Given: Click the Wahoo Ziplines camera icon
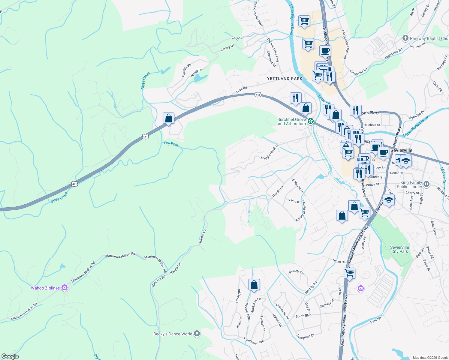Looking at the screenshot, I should (64, 288).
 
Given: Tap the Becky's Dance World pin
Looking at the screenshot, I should (197, 334).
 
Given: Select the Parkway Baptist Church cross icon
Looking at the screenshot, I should (405, 38).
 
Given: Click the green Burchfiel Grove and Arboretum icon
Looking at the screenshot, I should (311, 121).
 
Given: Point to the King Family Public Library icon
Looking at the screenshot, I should (426, 184).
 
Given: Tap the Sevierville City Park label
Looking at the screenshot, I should (399, 249).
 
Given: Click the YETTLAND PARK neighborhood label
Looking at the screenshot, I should (285, 79).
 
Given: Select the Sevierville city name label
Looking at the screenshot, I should (401, 150).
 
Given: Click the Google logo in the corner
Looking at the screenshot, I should (10, 356).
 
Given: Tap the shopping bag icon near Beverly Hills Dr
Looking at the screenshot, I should (254, 284).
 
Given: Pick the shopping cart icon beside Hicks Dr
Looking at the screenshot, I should (350, 273).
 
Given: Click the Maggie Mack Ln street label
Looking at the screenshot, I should (270, 152).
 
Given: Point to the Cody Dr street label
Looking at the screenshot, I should (237, 38).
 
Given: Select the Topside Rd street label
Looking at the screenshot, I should (186, 70).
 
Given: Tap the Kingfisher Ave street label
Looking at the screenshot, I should (254, 341).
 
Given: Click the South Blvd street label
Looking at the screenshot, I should (303, 316).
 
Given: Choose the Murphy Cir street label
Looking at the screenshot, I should (296, 271).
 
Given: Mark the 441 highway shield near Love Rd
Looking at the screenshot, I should (258, 95).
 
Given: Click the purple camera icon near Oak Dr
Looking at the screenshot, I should (360, 289).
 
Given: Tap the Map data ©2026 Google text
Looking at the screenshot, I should (430, 358).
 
